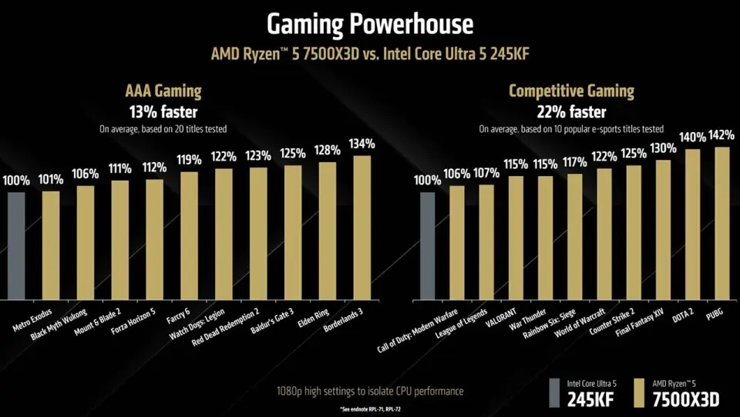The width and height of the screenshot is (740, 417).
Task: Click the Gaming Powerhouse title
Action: (370, 24)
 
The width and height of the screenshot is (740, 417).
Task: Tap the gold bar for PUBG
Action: (721, 222)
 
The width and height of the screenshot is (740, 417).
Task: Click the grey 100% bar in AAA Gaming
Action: (16, 245)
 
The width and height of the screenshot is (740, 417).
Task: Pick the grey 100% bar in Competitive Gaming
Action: (427, 245)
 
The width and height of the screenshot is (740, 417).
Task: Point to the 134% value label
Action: (362, 144)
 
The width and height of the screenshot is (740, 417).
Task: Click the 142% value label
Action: (721, 135)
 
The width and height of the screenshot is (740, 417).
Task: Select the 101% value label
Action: (51, 181)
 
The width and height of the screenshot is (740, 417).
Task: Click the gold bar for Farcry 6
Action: (189, 235)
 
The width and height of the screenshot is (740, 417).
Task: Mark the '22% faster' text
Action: (570, 111)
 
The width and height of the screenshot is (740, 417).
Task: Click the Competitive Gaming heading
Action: (570, 91)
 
